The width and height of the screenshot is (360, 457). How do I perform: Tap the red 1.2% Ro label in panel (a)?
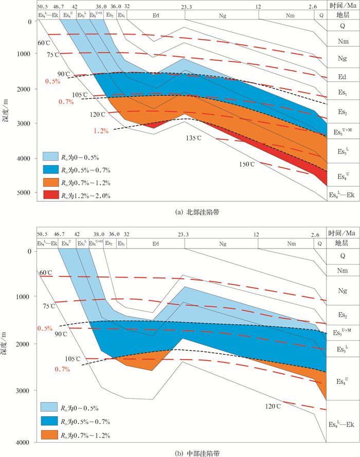click(x=101, y=131)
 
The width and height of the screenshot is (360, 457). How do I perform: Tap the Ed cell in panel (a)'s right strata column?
click(x=341, y=78)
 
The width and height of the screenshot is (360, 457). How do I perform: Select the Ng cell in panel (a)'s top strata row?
click(x=222, y=15)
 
